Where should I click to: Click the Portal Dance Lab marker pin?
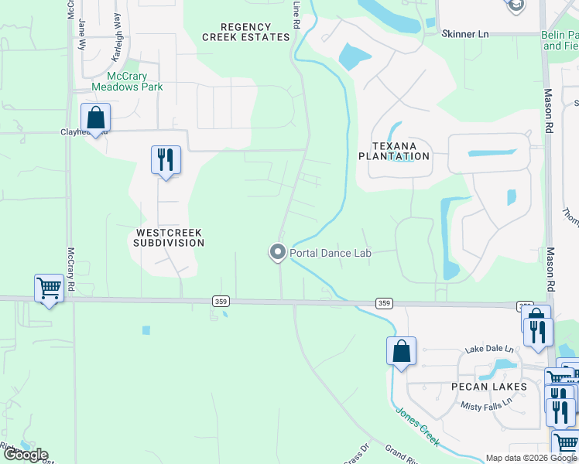pos(277,251)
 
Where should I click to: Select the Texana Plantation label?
pos(393,151)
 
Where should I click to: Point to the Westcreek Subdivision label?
pos(170,237)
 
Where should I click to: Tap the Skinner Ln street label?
pos(465,35)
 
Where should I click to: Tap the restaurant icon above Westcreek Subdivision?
pos(166,160)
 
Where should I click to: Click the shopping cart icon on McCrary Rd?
pos(50,288)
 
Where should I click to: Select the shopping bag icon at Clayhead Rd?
pos(95,118)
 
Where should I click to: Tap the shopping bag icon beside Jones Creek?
pos(401,351)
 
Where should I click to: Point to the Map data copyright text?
pos(531,458)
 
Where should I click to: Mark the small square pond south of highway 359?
pos(146,330)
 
